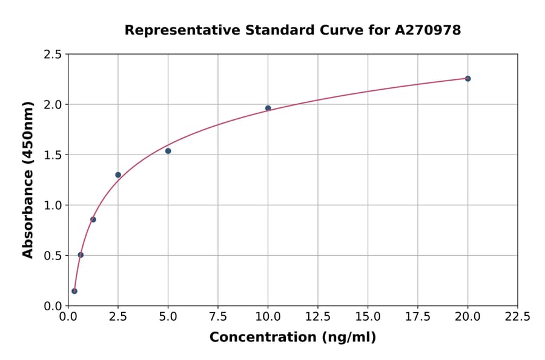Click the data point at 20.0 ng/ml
pos(467,79)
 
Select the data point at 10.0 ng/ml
pos(268,108)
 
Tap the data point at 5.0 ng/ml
pos(168,151)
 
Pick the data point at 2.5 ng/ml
pos(118,175)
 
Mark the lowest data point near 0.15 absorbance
pos(74,291)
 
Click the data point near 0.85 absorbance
pos(93,219)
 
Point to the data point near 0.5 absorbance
pos(81,255)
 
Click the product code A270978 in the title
pos(428,30)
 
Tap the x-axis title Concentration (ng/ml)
pos(292,338)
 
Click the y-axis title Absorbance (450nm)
pos(28,179)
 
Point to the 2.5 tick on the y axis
pos(53,55)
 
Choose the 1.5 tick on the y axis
pos(53,155)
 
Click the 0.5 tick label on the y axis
pos(53,256)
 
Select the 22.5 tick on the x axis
pos(517,317)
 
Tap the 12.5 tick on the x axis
pos(318,317)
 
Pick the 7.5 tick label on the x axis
pos(218,317)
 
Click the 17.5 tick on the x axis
pos(418,317)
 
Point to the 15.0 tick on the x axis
pos(368,317)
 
